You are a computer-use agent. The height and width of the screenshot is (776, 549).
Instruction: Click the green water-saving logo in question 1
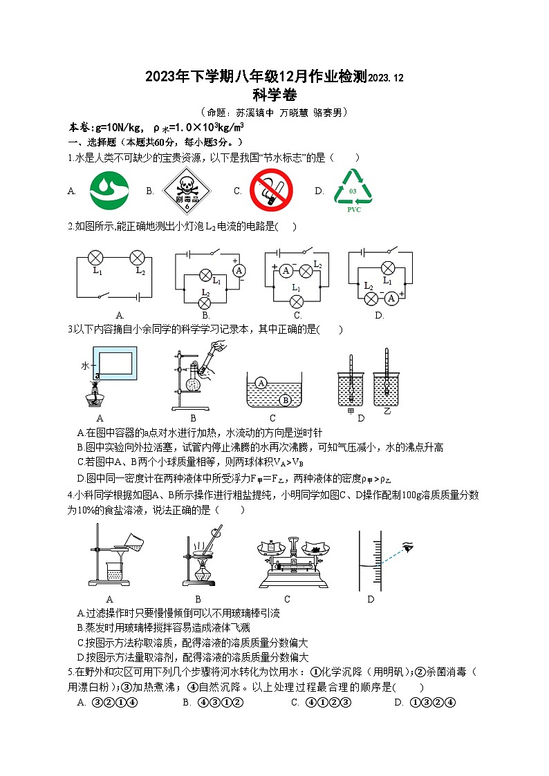110,190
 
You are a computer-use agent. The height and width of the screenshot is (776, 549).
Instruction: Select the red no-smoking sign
271,191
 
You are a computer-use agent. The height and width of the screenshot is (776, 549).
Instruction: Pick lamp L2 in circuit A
137,258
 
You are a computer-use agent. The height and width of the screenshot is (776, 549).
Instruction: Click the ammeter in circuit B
239,271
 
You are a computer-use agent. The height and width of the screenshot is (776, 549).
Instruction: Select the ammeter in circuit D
391,298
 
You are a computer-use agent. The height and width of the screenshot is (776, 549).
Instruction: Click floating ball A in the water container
261,382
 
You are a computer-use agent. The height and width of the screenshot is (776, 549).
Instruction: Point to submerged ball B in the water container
285,399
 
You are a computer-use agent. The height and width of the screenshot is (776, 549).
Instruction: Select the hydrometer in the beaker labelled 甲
351,377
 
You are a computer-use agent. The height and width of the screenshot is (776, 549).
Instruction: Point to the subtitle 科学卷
274,95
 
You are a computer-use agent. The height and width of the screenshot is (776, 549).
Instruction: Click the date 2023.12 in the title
386,79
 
